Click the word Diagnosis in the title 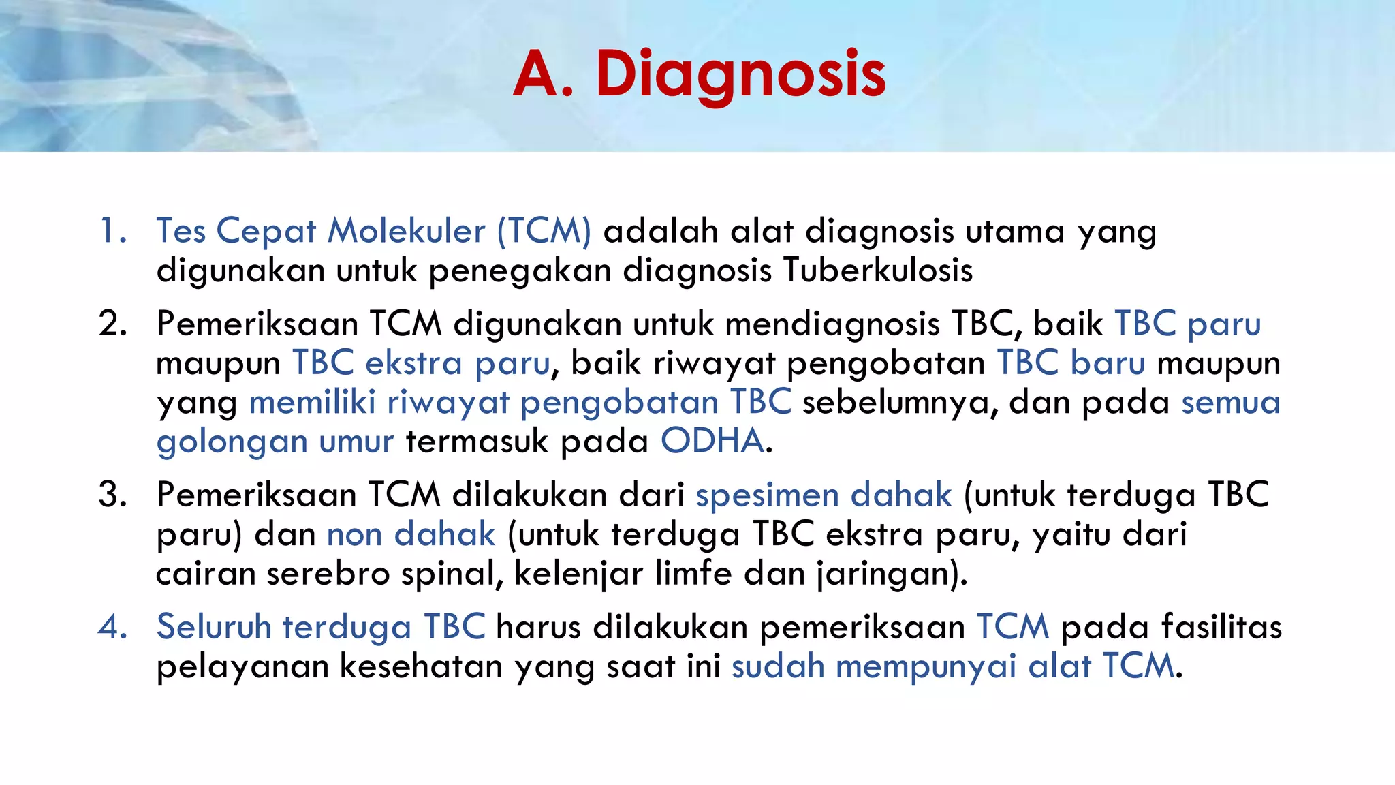[740, 75]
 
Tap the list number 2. [112, 323]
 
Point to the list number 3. [112, 494]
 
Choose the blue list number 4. [112, 626]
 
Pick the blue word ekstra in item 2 [413, 363]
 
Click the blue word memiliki [312, 402]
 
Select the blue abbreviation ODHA [712, 441]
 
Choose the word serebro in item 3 [328, 574]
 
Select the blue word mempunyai [926, 667]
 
